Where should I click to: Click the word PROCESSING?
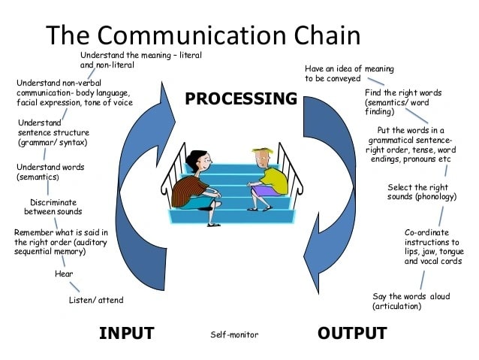coord(241,98)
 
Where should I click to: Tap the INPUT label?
coord(126,333)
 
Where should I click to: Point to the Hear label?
coord(64,274)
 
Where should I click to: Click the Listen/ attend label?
coord(96,300)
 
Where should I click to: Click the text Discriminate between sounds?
coord(53,207)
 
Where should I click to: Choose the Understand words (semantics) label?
coord(50,172)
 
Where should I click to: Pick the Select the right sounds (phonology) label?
coord(422,192)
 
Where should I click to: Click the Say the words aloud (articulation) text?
coord(411,301)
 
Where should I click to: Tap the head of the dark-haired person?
coord(196,159)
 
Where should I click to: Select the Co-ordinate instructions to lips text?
coord(433,247)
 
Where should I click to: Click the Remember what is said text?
coord(60,242)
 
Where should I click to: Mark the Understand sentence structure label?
coord(53,132)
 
